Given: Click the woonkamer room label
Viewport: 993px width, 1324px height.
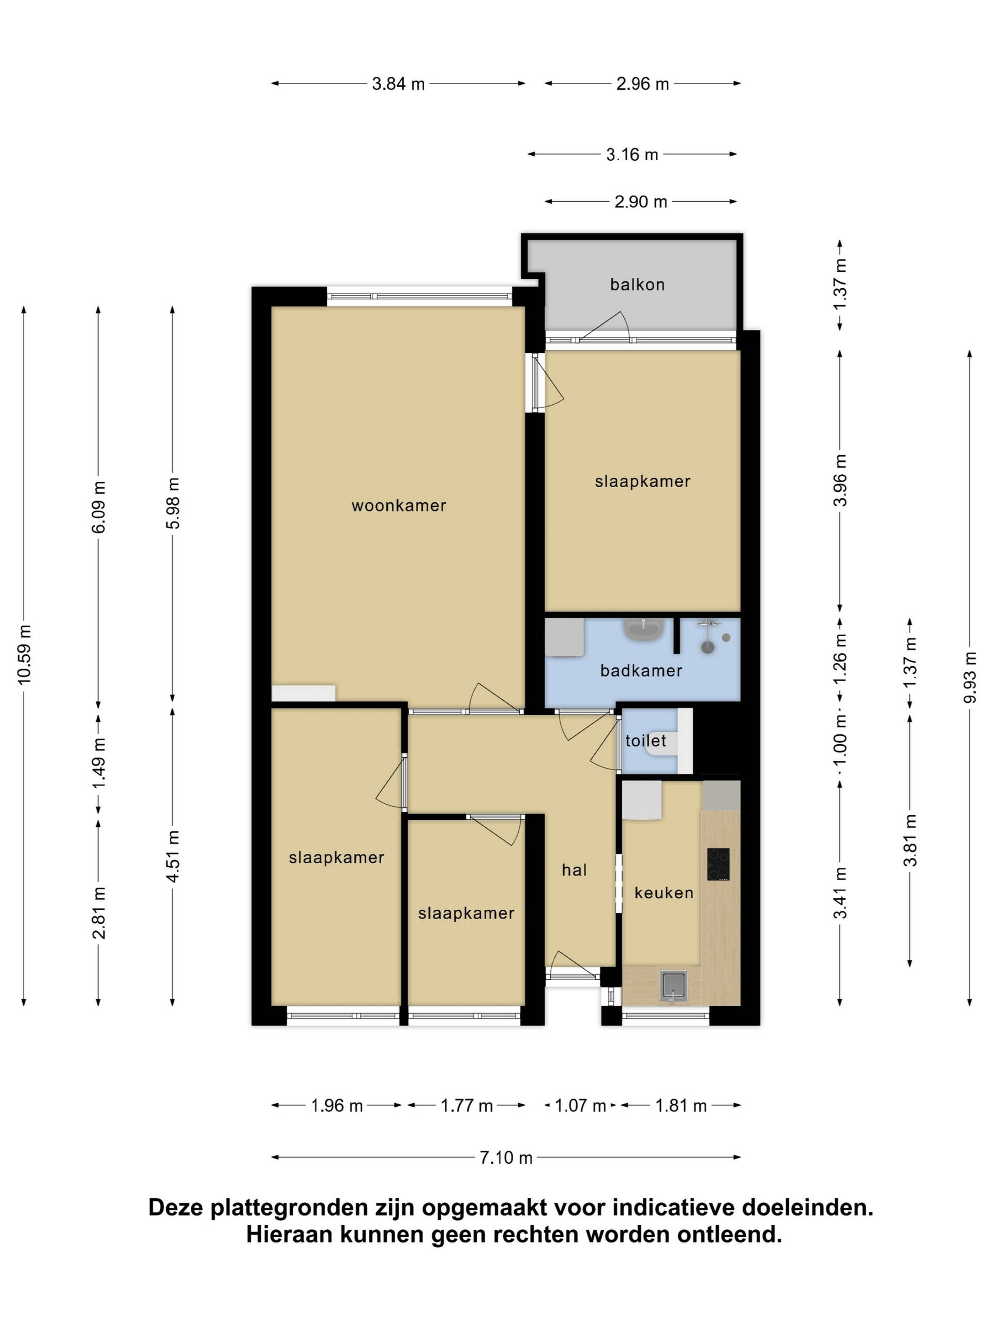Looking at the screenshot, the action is pyautogui.click(x=399, y=506).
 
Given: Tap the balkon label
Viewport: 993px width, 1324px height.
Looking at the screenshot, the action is pyautogui.click(x=638, y=284).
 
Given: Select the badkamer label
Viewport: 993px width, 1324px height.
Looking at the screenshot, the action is pyautogui.click(x=641, y=670).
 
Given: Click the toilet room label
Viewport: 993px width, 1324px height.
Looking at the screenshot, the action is pyautogui.click(x=646, y=741).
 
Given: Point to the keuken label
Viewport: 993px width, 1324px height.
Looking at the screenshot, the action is pyautogui.click(x=664, y=893).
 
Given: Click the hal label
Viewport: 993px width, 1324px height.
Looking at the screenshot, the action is pyautogui.click(x=574, y=870).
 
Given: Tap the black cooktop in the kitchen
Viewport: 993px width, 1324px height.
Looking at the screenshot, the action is pyautogui.click(x=718, y=864).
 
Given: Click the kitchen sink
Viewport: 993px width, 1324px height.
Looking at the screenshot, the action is pyautogui.click(x=673, y=986).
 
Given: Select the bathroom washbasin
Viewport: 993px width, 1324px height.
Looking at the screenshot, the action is pyautogui.click(x=643, y=630).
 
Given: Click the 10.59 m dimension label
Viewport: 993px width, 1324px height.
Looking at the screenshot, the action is pyautogui.click(x=24, y=654).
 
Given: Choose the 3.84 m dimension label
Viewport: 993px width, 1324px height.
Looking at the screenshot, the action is pyautogui.click(x=398, y=84).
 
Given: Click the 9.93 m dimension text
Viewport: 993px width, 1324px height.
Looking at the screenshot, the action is pyautogui.click(x=970, y=678).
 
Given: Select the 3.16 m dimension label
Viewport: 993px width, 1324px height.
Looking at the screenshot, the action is pyautogui.click(x=632, y=155).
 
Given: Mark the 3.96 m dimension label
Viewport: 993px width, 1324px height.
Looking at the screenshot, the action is pyautogui.click(x=840, y=480).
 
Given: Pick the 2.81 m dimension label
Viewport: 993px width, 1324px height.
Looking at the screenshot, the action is pyautogui.click(x=99, y=913).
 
